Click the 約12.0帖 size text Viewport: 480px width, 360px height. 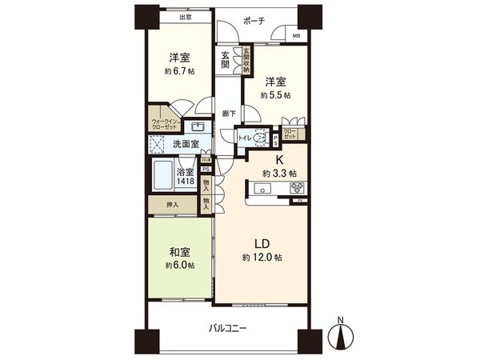click(x=262, y=258)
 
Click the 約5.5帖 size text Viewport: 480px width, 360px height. click(x=274, y=94)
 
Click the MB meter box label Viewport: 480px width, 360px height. click(x=295, y=35)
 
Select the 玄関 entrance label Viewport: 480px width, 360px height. click(x=226, y=59)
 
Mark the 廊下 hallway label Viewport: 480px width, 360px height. click(x=229, y=114)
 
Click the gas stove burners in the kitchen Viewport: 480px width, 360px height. click(x=297, y=189)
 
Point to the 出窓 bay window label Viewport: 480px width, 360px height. click(x=186, y=16)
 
